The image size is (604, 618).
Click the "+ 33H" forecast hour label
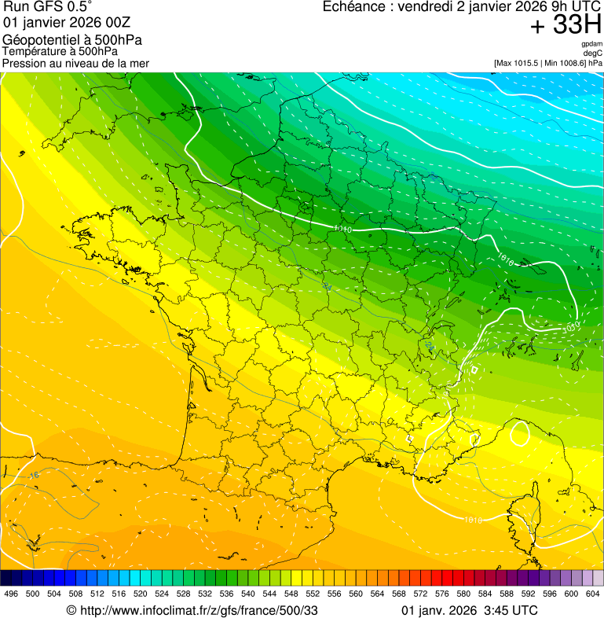pyautogui.click(x=566, y=25)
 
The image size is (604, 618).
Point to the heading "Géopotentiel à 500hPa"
pyautogui.click(x=72, y=39)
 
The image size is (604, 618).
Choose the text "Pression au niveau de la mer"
pyautogui.click(x=75, y=62)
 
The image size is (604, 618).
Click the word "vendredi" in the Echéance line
pyautogui.click(x=424, y=7)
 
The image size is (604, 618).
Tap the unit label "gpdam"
pyautogui.click(x=591, y=44)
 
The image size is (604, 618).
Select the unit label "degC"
pyautogui.click(x=593, y=53)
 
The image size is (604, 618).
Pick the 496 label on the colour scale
pyautogui.click(x=11, y=594)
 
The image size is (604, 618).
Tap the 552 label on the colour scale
pyautogui.click(x=312, y=594)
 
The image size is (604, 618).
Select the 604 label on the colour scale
pyautogui.click(x=593, y=594)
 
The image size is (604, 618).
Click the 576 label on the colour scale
pyautogui.click(x=441, y=594)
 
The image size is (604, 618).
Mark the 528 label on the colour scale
pyautogui.click(x=183, y=594)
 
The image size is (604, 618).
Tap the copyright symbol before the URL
pyautogui.click(x=71, y=610)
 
